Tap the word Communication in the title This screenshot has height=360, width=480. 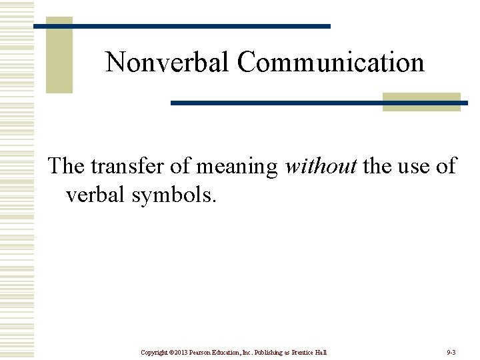point(331,62)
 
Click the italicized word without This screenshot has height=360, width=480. point(321,165)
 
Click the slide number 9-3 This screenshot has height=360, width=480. point(451,351)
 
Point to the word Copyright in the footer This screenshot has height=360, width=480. point(155,351)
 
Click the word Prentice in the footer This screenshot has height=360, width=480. point(303,351)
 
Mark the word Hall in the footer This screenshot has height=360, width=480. point(322,351)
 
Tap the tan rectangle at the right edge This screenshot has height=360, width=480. point(421,101)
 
